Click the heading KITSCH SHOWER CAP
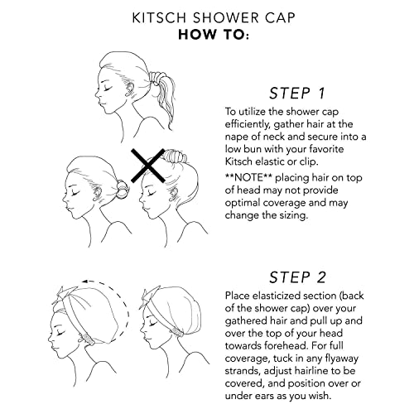[206, 17]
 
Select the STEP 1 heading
[295, 93]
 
